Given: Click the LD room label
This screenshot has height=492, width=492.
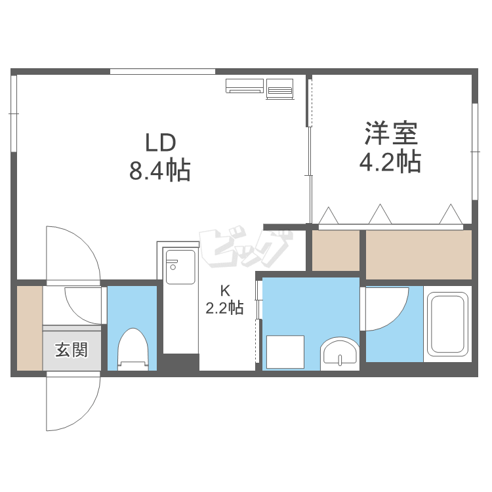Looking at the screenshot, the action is coord(160,143).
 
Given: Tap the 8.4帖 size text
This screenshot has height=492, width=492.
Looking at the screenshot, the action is coord(159,171).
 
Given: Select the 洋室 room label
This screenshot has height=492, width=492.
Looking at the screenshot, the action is coord(391,133).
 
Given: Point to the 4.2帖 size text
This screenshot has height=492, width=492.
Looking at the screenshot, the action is coord(390,161).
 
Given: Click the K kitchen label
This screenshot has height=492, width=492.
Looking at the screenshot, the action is coord(225,291).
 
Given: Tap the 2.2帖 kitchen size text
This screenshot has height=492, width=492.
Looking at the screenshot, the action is coord(224,308).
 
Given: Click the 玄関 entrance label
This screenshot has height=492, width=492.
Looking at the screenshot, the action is coord(72,350).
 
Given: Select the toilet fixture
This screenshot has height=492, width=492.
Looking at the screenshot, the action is coord(133,349).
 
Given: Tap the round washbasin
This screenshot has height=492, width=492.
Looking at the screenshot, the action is coord(340,354).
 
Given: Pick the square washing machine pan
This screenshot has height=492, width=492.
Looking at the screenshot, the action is coord(285,352).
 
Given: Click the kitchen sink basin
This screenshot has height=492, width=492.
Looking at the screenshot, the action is coord(180,267).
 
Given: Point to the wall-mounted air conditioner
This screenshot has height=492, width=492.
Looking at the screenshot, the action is coord(245,86).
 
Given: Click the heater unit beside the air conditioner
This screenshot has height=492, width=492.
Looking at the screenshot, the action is coord(280,89).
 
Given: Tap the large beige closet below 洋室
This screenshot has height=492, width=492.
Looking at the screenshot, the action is coord(419,255).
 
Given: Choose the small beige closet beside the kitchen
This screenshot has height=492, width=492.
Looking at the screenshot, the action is coord(336,251).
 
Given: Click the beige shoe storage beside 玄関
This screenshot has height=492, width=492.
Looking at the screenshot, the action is coord(30,328).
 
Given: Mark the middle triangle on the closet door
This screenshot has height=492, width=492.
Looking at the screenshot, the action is coord(380,214).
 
